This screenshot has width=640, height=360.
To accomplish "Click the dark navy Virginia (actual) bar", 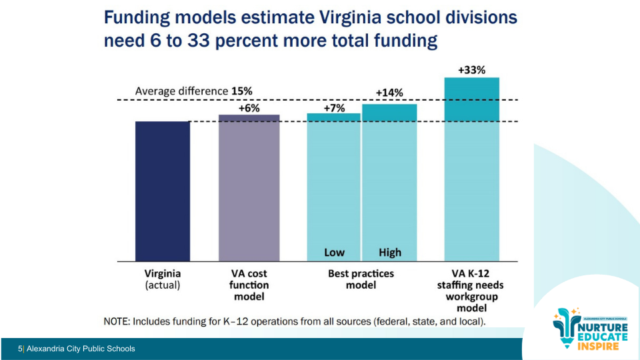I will (x=163, y=191).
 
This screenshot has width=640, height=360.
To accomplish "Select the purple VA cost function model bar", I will (x=249, y=187).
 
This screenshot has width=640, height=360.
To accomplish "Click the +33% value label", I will (x=471, y=69).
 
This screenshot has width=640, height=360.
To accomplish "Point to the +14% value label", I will (x=389, y=93).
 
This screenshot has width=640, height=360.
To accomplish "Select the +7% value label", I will (x=334, y=108).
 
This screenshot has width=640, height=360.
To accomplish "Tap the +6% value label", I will (x=249, y=108).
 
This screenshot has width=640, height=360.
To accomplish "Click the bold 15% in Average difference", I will (x=242, y=91).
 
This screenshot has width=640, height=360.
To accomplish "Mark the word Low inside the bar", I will (x=334, y=253).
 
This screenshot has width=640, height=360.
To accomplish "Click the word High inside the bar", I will (x=390, y=253).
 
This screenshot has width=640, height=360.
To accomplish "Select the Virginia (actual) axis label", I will (x=163, y=279).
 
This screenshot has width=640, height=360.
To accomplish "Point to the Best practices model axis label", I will (x=361, y=279).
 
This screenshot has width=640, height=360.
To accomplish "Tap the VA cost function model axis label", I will (x=249, y=285).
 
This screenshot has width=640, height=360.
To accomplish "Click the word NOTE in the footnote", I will (x=117, y=321).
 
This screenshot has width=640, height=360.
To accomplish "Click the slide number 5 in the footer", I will (x=20, y=349).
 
